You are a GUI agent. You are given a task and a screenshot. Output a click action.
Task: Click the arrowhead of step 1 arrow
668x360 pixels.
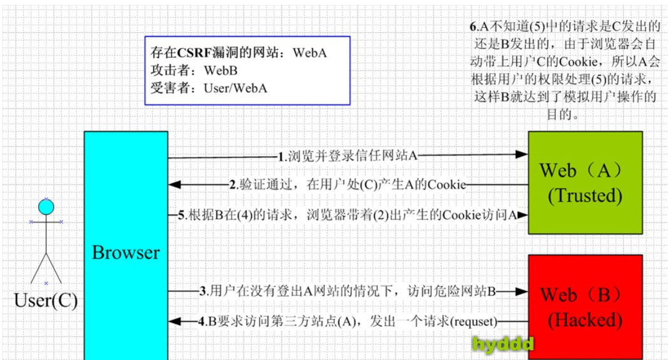point(521,155)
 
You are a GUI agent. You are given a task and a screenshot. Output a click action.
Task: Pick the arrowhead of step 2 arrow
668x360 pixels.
point(175,184)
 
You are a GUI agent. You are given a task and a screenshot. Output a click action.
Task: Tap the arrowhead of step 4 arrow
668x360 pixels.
point(175,321)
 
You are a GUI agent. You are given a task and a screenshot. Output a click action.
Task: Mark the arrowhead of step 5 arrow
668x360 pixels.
point(521,215)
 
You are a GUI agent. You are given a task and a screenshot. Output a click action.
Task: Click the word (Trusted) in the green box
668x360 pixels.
point(585,195)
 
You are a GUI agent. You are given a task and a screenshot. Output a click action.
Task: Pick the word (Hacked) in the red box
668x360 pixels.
point(585,320)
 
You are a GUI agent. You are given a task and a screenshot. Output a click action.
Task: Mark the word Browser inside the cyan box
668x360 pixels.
point(126,253)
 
